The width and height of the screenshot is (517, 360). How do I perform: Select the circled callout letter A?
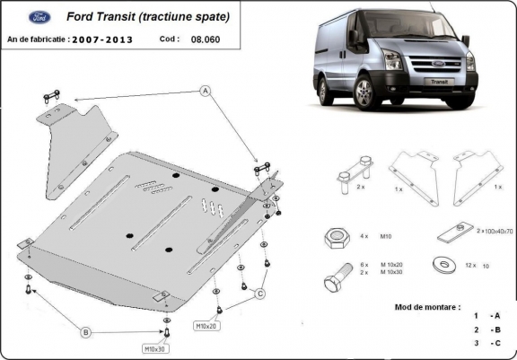pyautogui.click(x=205, y=91)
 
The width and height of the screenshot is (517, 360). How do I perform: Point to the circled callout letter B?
pyautogui.click(x=86, y=333)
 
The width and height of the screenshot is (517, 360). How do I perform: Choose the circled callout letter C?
pyautogui.click(x=260, y=294)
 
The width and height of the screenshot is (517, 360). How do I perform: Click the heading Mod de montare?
pyautogui.click(x=427, y=307)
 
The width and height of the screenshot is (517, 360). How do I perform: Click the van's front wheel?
pyautogui.click(x=364, y=92)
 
